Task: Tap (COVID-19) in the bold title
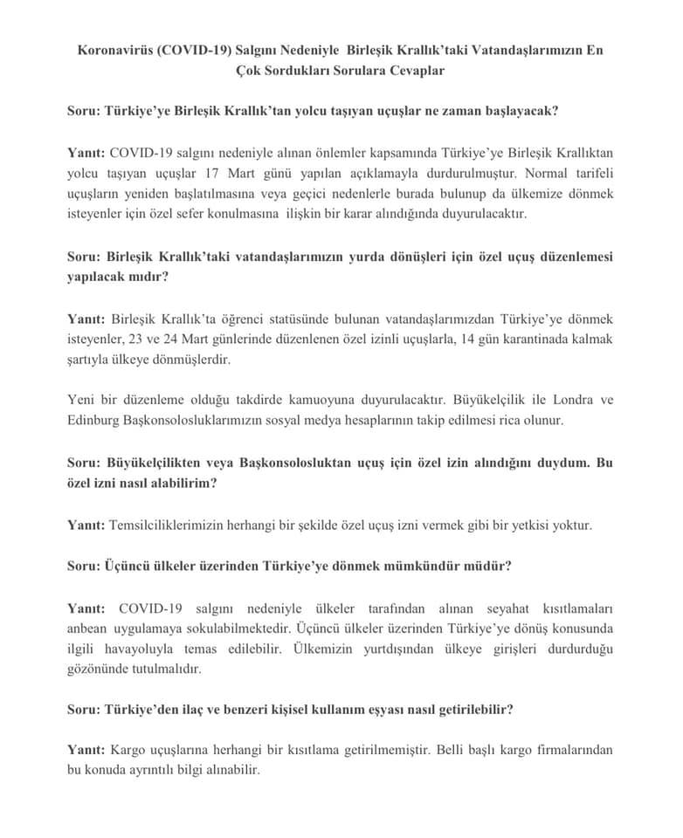pyautogui.click(x=195, y=51)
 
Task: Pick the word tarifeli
pyautogui.click(x=589, y=173)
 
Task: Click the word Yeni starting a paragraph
pyautogui.click(x=82, y=401)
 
